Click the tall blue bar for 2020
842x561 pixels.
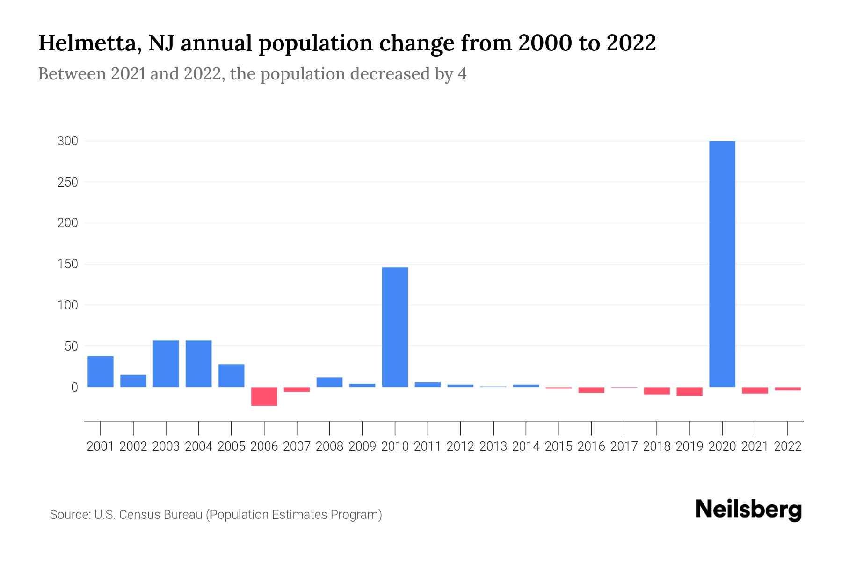click(722, 264)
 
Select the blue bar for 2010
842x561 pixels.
click(395, 327)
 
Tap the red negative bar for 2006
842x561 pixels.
click(264, 396)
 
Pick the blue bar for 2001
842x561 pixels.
click(101, 372)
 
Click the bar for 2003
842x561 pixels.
click(166, 364)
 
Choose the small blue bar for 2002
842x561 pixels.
click(133, 381)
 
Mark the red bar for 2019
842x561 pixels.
click(689, 392)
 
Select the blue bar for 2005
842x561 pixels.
click(231, 375)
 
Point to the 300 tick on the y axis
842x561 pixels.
click(67, 141)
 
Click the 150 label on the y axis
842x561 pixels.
click(67, 265)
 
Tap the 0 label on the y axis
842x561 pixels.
click(74, 388)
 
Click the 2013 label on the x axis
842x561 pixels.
click(493, 446)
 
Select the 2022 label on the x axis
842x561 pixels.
click(787, 446)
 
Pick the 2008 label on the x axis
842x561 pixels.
click(329, 446)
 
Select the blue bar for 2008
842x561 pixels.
click(329, 382)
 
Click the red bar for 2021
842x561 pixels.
click(755, 390)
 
